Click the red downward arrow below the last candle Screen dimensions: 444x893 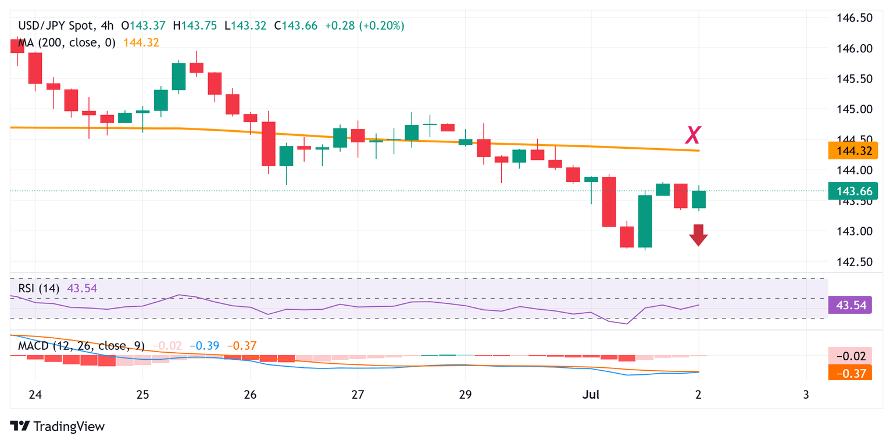coord(698,235)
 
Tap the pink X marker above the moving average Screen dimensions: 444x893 coord(692,135)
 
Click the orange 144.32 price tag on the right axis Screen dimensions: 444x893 coord(849,151)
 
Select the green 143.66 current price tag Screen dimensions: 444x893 coord(849,191)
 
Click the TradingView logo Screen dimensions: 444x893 coord(58,427)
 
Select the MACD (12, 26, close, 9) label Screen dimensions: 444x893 coord(78,346)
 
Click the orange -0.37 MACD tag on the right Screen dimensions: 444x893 coord(849,373)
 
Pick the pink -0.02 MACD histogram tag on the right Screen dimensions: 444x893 coord(849,356)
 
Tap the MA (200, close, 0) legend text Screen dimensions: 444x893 coord(63,42)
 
